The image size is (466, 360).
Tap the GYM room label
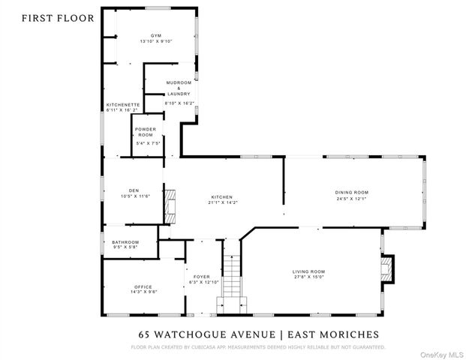coord(155,35)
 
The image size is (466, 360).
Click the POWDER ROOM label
coord(145,131)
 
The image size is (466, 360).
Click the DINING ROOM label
coord(351,192)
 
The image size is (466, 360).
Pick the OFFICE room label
coord(143,286)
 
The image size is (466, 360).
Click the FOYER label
coord(201,276)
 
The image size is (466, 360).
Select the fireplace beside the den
coord(170,203)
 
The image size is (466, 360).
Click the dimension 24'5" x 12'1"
coord(351,199)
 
